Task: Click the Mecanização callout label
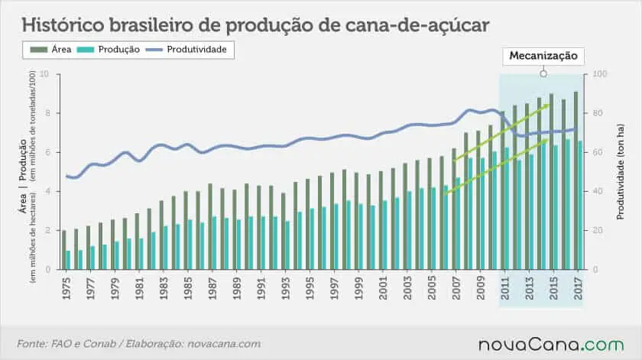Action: pos(543,57)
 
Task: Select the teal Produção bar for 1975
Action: pos(68,260)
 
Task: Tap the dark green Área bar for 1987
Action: pos(210,226)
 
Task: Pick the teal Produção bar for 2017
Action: pos(581,205)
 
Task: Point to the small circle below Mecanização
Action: pos(543,74)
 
